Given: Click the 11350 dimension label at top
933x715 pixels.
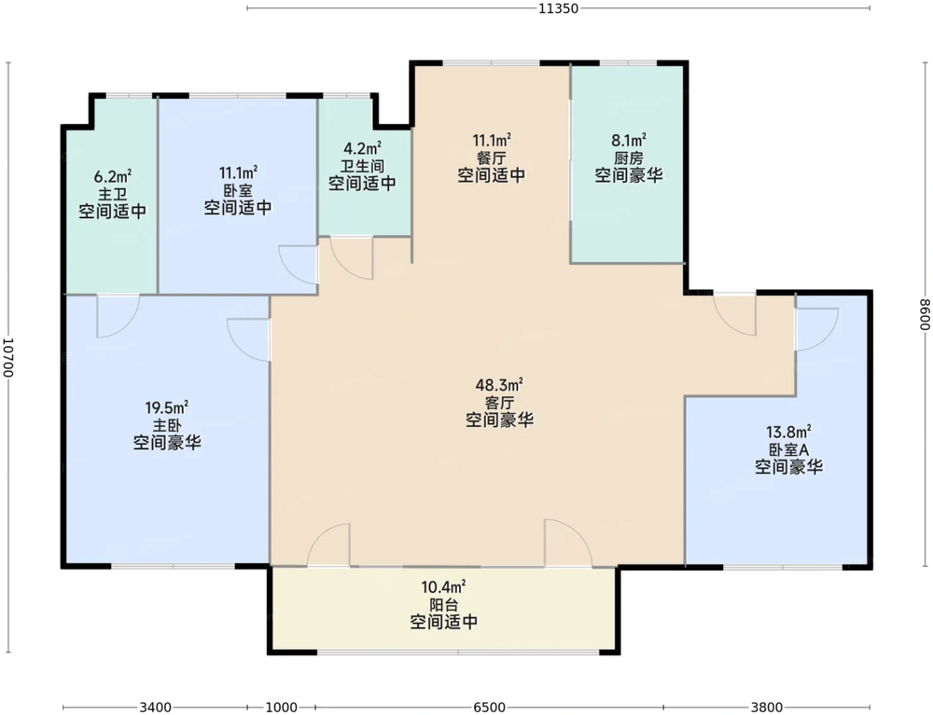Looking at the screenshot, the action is (x=558, y=8).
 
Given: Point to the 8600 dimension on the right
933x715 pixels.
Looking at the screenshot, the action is (x=924, y=314).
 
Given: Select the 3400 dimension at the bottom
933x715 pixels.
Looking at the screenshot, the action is (x=155, y=708).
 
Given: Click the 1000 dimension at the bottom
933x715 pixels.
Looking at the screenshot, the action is (x=281, y=708).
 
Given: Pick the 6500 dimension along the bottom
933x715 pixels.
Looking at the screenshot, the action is (x=489, y=708).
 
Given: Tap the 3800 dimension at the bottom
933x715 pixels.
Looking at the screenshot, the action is (x=766, y=708).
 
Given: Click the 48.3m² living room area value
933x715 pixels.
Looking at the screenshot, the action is (x=499, y=385).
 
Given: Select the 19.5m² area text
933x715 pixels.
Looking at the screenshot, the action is (x=167, y=407).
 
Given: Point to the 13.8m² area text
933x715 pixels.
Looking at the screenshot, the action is (x=788, y=431).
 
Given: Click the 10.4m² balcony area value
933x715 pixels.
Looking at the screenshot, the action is (x=443, y=586).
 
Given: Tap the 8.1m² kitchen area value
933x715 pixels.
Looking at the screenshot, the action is (x=629, y=140).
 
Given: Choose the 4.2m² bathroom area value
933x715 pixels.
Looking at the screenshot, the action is (x=362, y=147).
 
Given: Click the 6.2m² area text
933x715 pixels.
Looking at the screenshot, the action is (x=113, y=176).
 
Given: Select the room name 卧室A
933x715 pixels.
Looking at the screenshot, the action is (x=788, y=449).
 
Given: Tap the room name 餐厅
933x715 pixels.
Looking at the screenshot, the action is (x=492, y=158).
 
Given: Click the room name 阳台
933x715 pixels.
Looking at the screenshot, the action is (x=443, y=605).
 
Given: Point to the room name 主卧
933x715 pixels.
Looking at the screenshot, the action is (x=167, y=426).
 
